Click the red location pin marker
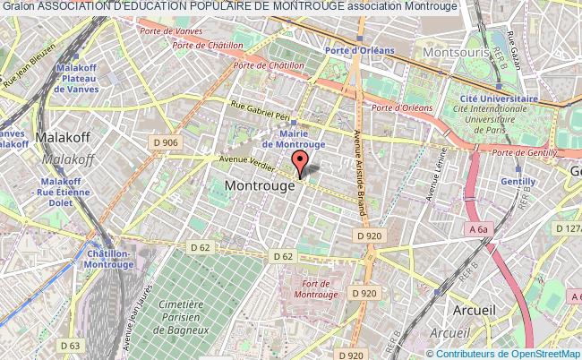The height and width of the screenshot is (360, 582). [302, 162]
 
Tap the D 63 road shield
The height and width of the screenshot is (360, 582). [70, 345]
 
